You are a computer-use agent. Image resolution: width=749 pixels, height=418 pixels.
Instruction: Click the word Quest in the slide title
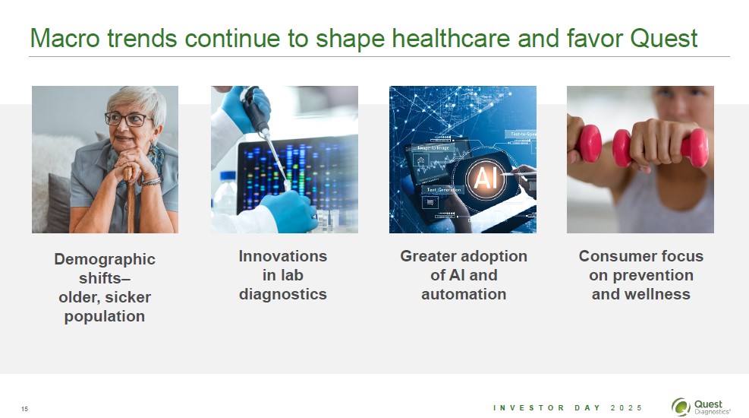pyautogui.click(x=663, y=38)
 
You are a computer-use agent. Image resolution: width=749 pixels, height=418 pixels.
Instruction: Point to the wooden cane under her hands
pyautogui.click(x=130, y=200)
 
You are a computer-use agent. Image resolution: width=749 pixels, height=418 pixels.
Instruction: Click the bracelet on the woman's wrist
pyautogui.click(x=151, y=182)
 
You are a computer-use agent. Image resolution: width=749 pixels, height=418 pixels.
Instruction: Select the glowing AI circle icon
pyautogui.click(x=486, y=178)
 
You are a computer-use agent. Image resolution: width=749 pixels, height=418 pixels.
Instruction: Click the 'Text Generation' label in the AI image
pyautogui.click(x=443, y=190)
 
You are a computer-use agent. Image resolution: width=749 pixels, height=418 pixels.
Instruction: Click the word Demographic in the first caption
pyautogui.click(x=105, y=259)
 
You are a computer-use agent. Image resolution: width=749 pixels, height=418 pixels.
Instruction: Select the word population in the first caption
pyautogui.click(x=105, y=317)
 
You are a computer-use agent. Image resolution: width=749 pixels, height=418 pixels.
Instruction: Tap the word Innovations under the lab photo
pyautogui.click(x=283, y=256)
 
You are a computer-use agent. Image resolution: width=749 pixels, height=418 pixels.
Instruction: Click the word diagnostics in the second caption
pyautogui.click(x=283, y=295)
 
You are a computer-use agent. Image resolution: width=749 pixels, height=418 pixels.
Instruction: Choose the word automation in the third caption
pyautogui.click(x=464, y=294)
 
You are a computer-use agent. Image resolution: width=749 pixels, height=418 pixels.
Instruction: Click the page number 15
pyautogui.click(x=25, y=409)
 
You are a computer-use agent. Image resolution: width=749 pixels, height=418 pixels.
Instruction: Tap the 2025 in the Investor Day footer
pyautogui.click(x=626, y=408)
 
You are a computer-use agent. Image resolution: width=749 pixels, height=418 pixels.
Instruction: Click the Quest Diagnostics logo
pyautogui.click(x=700, y=407)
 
